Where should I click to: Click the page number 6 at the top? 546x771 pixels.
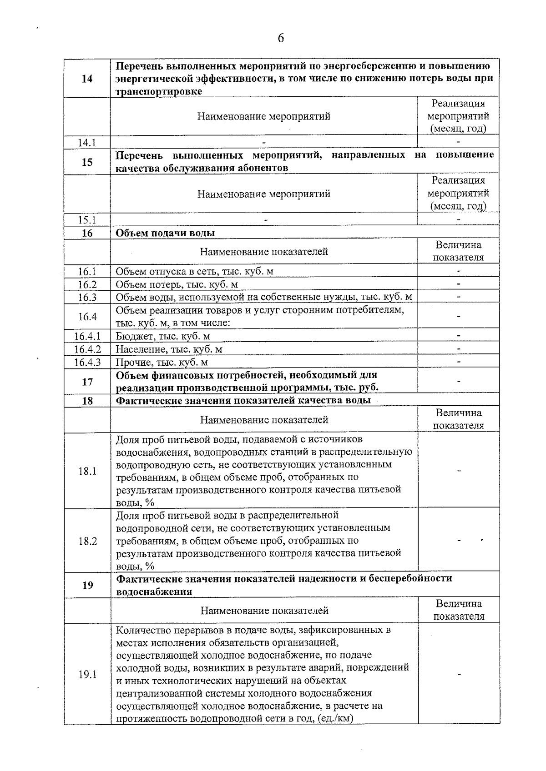[x=280, y=38]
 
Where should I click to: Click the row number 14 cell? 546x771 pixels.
[x=87, y=79]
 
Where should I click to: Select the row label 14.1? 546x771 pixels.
[x=87, y=143]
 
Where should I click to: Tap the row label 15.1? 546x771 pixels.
[x=87, y=220]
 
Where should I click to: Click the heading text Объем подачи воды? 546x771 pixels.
[x=165, y=233]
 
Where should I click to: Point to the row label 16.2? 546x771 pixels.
[x=87, y=284]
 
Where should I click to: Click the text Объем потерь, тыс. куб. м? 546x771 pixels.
[x=177, y=284]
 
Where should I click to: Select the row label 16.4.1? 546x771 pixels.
[x=87, y=336]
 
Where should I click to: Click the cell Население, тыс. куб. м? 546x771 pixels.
[x=169, y=349]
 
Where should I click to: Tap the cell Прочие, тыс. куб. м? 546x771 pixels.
[x=162, y=362]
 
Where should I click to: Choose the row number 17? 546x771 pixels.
[x=87, y=382]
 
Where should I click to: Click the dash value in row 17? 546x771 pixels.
[x=458, y=381]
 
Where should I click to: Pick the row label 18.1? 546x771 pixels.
[x=87, y=471]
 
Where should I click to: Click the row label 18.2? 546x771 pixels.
[x=87, y=541]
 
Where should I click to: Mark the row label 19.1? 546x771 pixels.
[x=87, y=674]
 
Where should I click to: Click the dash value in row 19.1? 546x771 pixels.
[x=459, y=674]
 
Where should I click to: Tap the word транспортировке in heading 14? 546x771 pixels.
[x=159, y=91]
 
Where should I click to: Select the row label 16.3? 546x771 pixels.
[x=87, y=297]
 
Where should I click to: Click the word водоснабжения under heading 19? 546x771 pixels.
[x=154, y=592]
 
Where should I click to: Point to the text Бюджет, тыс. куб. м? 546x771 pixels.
[x=162, y=336]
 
